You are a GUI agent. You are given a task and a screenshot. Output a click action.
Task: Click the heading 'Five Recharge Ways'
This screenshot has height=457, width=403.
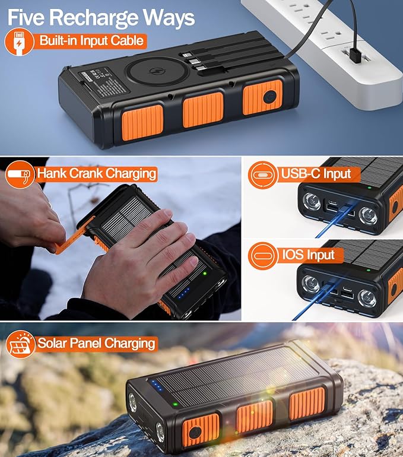point(101,18)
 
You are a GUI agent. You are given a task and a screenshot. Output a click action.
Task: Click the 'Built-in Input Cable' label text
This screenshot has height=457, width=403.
point(91,42)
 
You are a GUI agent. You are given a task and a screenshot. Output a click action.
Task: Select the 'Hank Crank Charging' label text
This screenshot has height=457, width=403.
point(96,174)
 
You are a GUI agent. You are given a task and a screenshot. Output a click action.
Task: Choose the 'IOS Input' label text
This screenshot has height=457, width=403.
point(309,256)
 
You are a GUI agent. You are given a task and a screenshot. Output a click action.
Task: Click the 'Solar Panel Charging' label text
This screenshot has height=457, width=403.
point(96,343)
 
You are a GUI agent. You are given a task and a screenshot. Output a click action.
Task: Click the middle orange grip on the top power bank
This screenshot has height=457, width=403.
point(202,110)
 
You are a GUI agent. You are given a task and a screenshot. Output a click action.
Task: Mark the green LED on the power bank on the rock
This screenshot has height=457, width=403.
point(176,405)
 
